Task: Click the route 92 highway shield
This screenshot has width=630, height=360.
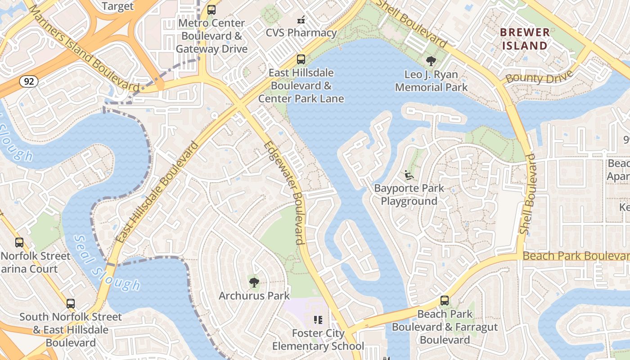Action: [x=28, y=81]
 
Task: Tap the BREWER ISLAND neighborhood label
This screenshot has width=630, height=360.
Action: [x=525, y=39]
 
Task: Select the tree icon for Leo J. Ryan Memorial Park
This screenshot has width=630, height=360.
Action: [x=431, y=61]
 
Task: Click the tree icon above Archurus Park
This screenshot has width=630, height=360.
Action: [x=254, y=283]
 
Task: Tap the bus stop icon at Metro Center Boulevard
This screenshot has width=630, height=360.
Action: [x=211, y=10]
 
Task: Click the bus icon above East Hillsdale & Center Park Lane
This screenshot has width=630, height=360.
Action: [x=301, y=59]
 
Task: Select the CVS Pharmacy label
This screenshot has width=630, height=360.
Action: [x=301, y=33]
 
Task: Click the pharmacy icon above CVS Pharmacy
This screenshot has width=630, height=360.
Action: [x=301, y=20]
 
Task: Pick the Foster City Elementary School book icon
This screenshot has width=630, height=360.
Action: [x=318, y=320]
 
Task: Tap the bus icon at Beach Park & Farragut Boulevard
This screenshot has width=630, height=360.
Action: [x=445, y=301]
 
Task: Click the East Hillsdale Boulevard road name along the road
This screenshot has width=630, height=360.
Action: [x=157, y=192]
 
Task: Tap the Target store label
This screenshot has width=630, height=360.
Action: [x=118, y=6]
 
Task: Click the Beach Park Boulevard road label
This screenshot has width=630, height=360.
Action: [x=576, y=256]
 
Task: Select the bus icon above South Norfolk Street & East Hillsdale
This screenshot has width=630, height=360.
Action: [x=70, y=304]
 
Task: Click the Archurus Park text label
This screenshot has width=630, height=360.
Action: [x=254, y=296]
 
